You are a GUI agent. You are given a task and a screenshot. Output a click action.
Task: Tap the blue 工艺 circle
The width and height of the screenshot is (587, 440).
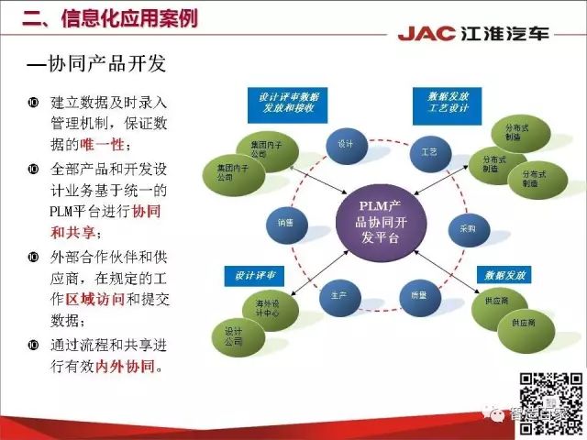428,149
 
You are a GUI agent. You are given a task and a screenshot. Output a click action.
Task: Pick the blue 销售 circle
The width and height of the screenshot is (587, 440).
285,223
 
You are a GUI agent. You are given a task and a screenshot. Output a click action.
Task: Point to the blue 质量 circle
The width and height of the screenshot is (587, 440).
419,296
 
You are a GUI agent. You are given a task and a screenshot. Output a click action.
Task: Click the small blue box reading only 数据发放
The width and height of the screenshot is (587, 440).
498,274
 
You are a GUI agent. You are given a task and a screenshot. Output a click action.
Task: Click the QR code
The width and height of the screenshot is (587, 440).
551,402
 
